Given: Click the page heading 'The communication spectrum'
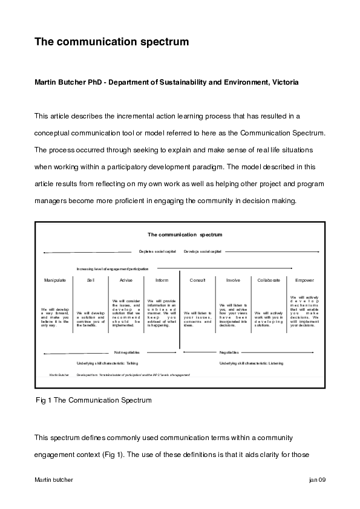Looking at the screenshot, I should point(112,42).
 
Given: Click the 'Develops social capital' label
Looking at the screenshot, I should point(203,251).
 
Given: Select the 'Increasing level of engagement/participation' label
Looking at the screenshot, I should point(113,268).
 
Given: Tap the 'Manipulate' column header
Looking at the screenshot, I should point(54,280).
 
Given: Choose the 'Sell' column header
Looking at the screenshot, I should point(91,280).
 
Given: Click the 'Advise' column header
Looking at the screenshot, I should point(126,280).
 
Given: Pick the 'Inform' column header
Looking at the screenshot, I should point(162,280).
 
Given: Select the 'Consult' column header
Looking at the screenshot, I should point(198,280).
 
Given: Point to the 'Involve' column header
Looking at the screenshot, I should point(233,280).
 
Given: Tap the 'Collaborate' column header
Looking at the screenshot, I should point(269,280).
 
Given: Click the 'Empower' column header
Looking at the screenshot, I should point(304,280).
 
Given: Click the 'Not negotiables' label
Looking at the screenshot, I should point(127,352).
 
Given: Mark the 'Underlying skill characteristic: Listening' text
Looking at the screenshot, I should point(251,363).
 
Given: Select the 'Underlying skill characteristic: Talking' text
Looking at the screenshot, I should point(106,363).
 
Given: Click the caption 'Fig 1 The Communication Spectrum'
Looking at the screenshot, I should point(94,400).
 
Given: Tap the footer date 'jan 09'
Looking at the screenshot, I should point(317,479).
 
